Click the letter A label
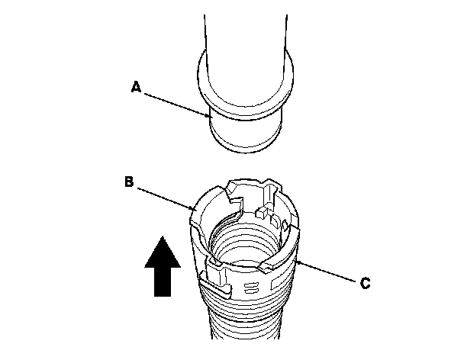pos(136,88)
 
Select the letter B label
pos(130,182)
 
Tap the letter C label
pos(366,282)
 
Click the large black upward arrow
pos(162,266)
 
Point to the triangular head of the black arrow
pos(162,251)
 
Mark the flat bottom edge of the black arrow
pos(162,295)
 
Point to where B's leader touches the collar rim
pos(195,208)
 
